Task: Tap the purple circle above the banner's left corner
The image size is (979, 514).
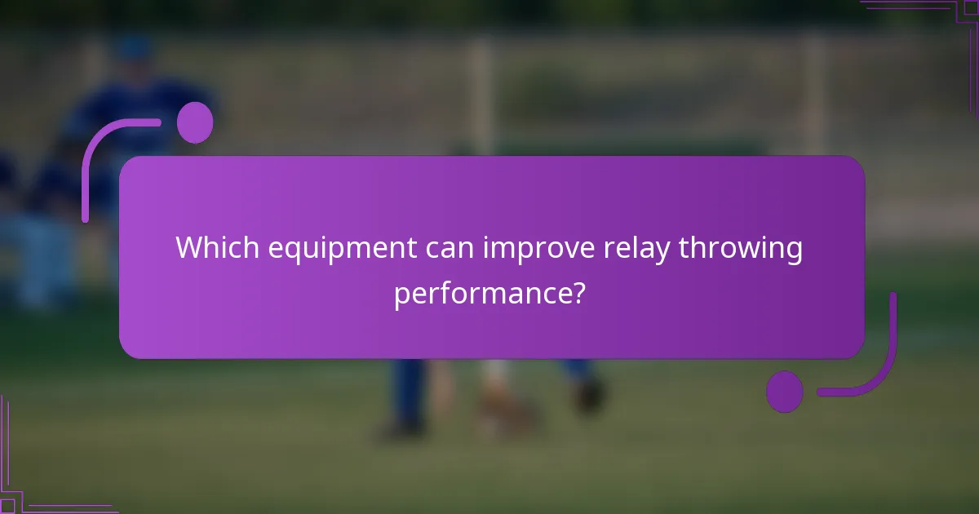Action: pyautogui.click(x=195, y=122)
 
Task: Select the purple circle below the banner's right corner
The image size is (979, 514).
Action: pyautogui.click(x=785, y=392)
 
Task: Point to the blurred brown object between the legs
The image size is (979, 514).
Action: pyautogui.click(x=506, y=408)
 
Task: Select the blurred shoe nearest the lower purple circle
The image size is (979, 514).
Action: pyautogui.click(x=587, y=396)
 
